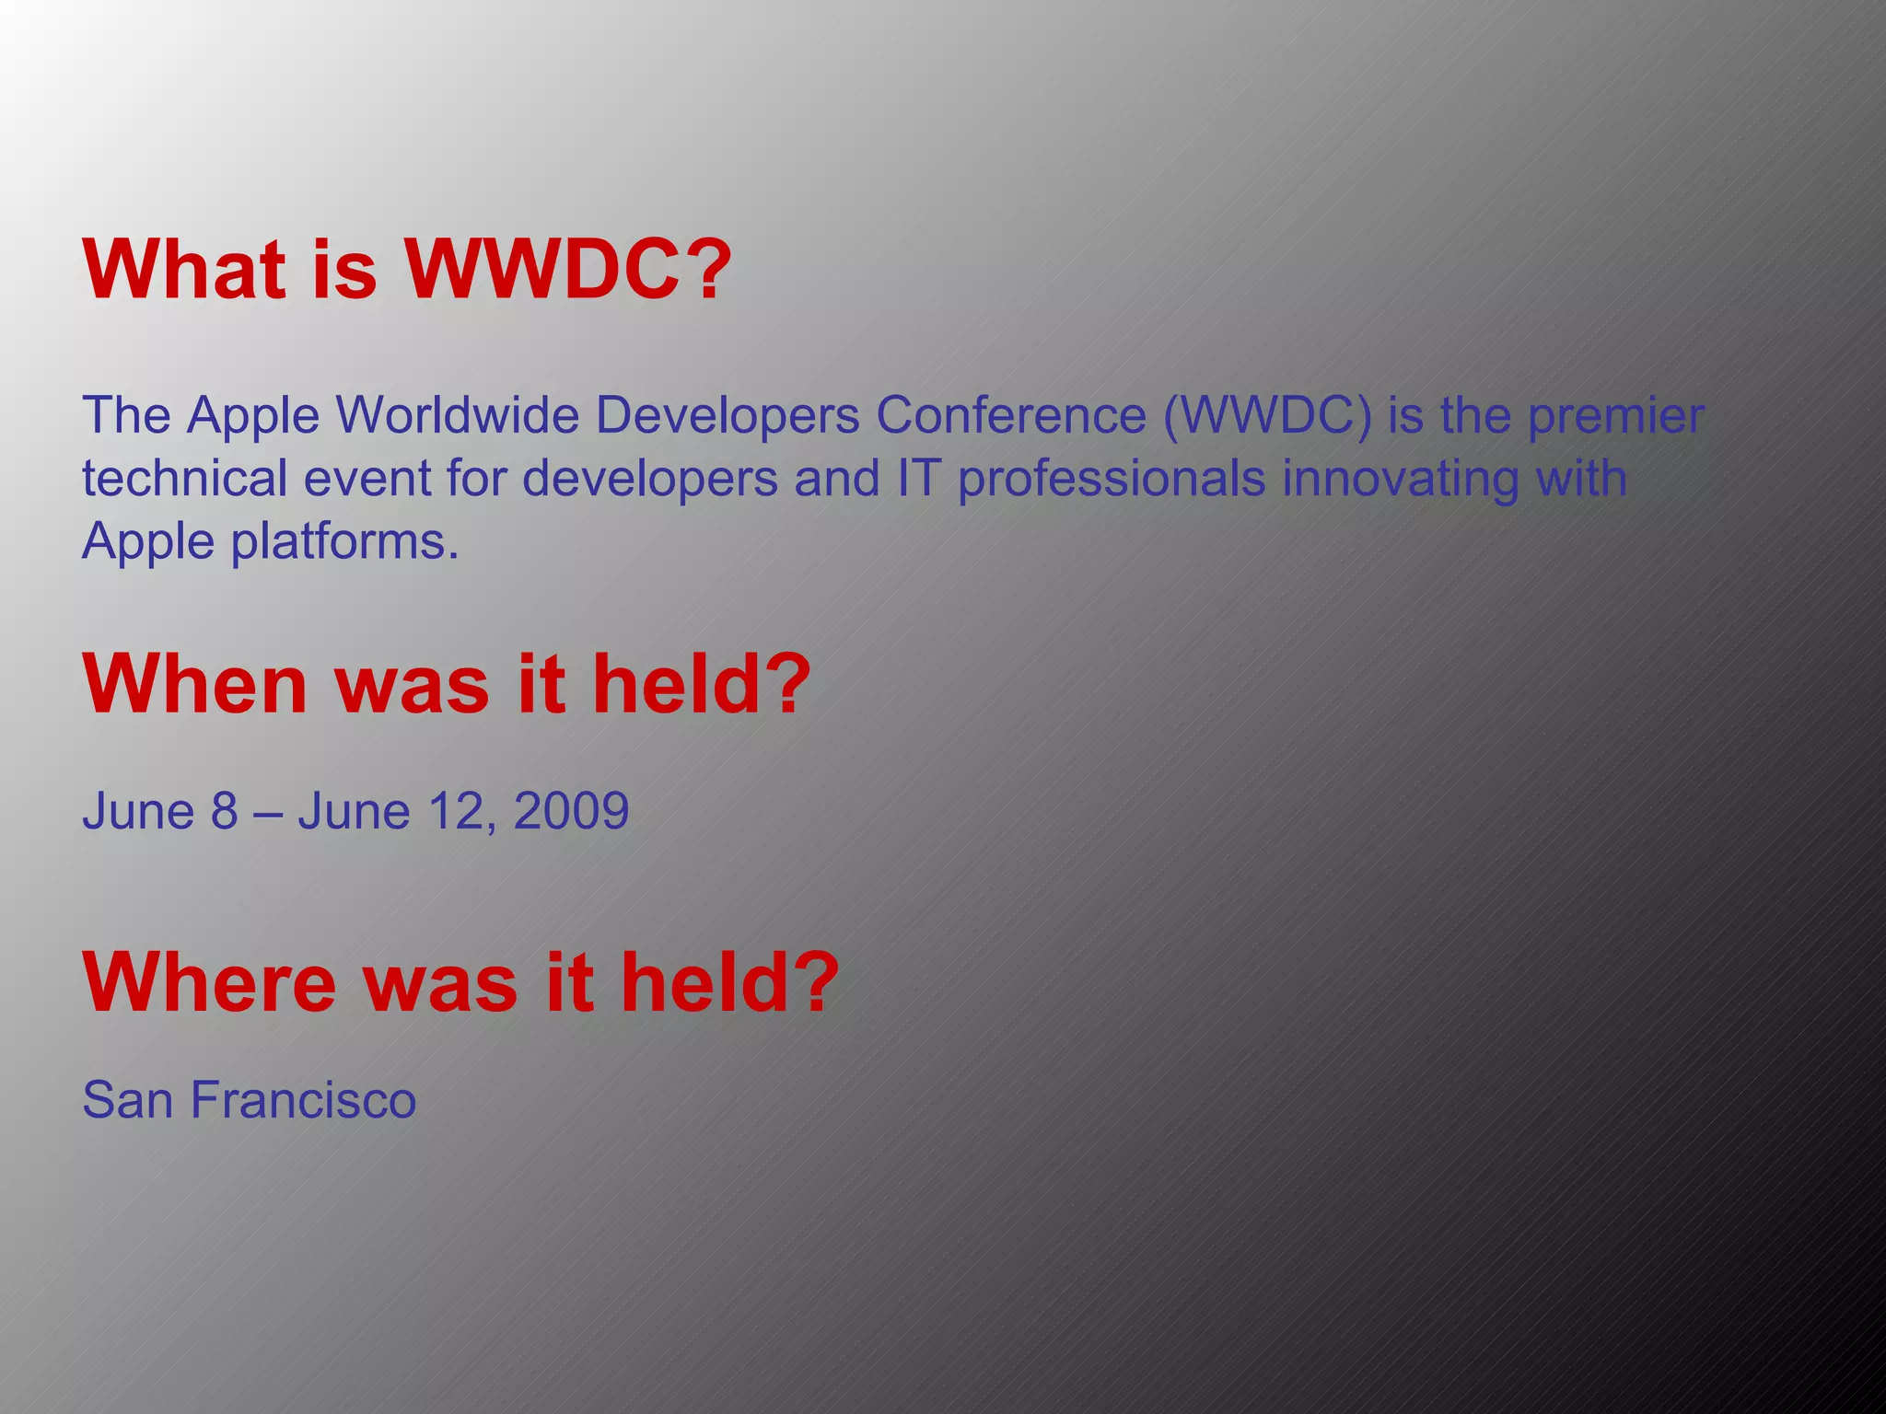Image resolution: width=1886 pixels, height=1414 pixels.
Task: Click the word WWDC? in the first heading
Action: click(x=568, y=270)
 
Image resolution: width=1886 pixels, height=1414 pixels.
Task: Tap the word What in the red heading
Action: click(x=184, y=270)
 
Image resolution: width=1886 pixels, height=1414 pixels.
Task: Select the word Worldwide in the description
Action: click(x=456, y=415)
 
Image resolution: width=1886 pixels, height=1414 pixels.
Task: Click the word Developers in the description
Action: click(x=727, y=415)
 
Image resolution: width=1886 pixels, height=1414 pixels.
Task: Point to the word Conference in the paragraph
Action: click(x=1010, y=415)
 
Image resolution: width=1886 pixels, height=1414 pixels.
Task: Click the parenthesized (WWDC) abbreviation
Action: click(x=1267, y=415)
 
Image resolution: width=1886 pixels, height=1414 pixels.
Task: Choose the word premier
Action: click(x=1615, y=415)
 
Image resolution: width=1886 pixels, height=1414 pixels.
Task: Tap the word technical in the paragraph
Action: click(x=184, y=479)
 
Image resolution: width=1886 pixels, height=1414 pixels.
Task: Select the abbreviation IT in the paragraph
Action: click(x=916, y=479)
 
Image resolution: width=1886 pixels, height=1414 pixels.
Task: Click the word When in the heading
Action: click(x=194, y=684)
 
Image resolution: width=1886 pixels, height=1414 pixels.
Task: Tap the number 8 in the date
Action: click(x=224, y=811)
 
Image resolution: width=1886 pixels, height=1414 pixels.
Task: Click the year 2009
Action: click(x=571, y=811)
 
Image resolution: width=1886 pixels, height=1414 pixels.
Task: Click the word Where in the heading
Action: click(x=209, y=982)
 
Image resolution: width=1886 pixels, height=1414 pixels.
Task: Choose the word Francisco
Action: click(x=304, y=1100)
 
